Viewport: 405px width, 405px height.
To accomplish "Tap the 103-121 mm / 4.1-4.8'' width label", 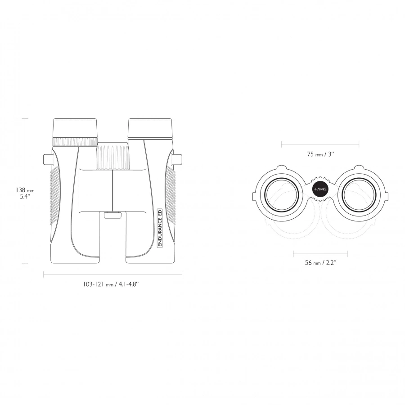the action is [111, 284].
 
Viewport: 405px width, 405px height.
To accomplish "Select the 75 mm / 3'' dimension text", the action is [320, 154].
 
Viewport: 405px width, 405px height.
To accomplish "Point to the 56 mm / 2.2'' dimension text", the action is [320, 263].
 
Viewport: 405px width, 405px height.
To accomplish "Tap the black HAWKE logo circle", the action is [320, 189].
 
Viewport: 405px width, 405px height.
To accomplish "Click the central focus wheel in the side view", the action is [113, 157].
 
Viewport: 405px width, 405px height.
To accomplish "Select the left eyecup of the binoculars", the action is [75, 128].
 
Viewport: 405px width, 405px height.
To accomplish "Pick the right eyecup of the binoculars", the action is [150, 129].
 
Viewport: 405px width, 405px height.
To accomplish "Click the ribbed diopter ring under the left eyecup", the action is [75, 142].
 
